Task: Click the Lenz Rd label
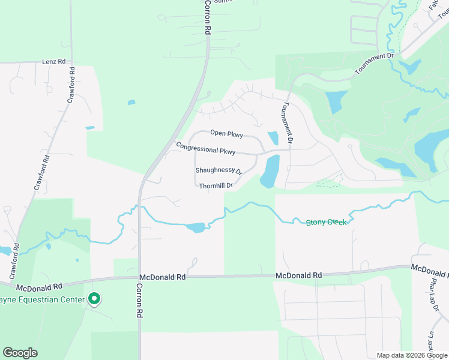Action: pos(53,62)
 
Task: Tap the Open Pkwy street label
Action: pos(226,133)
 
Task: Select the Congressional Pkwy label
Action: pos(205,148)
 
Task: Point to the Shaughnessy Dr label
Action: pos(218,171)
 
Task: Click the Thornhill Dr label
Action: pos(216,186)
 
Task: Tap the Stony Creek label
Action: pos(326,222)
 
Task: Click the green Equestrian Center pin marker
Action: pos(94,298)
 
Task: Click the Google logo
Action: pos(20,353)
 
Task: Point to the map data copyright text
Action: pos(412,355)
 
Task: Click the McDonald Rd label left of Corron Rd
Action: pos(40,287)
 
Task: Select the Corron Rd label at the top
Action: pos(207,16)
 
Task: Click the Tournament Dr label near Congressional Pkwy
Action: pos(287,122)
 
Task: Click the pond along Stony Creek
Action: pos(195,227)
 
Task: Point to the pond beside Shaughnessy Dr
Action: pos(270,170)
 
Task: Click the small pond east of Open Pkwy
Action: pos(272,138)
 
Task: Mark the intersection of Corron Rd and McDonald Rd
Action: pos(139,277)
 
